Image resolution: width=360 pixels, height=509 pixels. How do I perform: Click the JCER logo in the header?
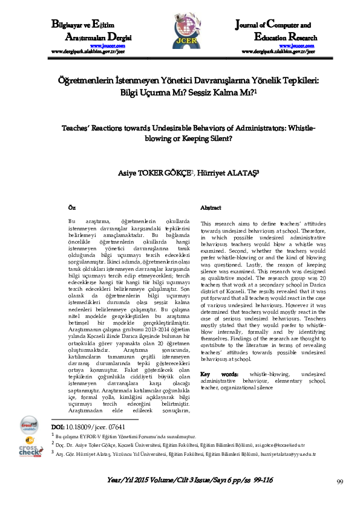pyautogui.click(x=180, y=36)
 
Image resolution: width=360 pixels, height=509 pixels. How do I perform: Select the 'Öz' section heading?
pyautogui.click(x=73, y=207)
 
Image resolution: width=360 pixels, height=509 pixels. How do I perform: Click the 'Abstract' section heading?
pyautogui.click(x=211, y=207)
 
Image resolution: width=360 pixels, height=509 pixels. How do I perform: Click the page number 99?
pyautogui.click(x=340, y=481)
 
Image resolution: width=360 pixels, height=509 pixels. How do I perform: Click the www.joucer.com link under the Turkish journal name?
pyautogui.click(x=108, y=46)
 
